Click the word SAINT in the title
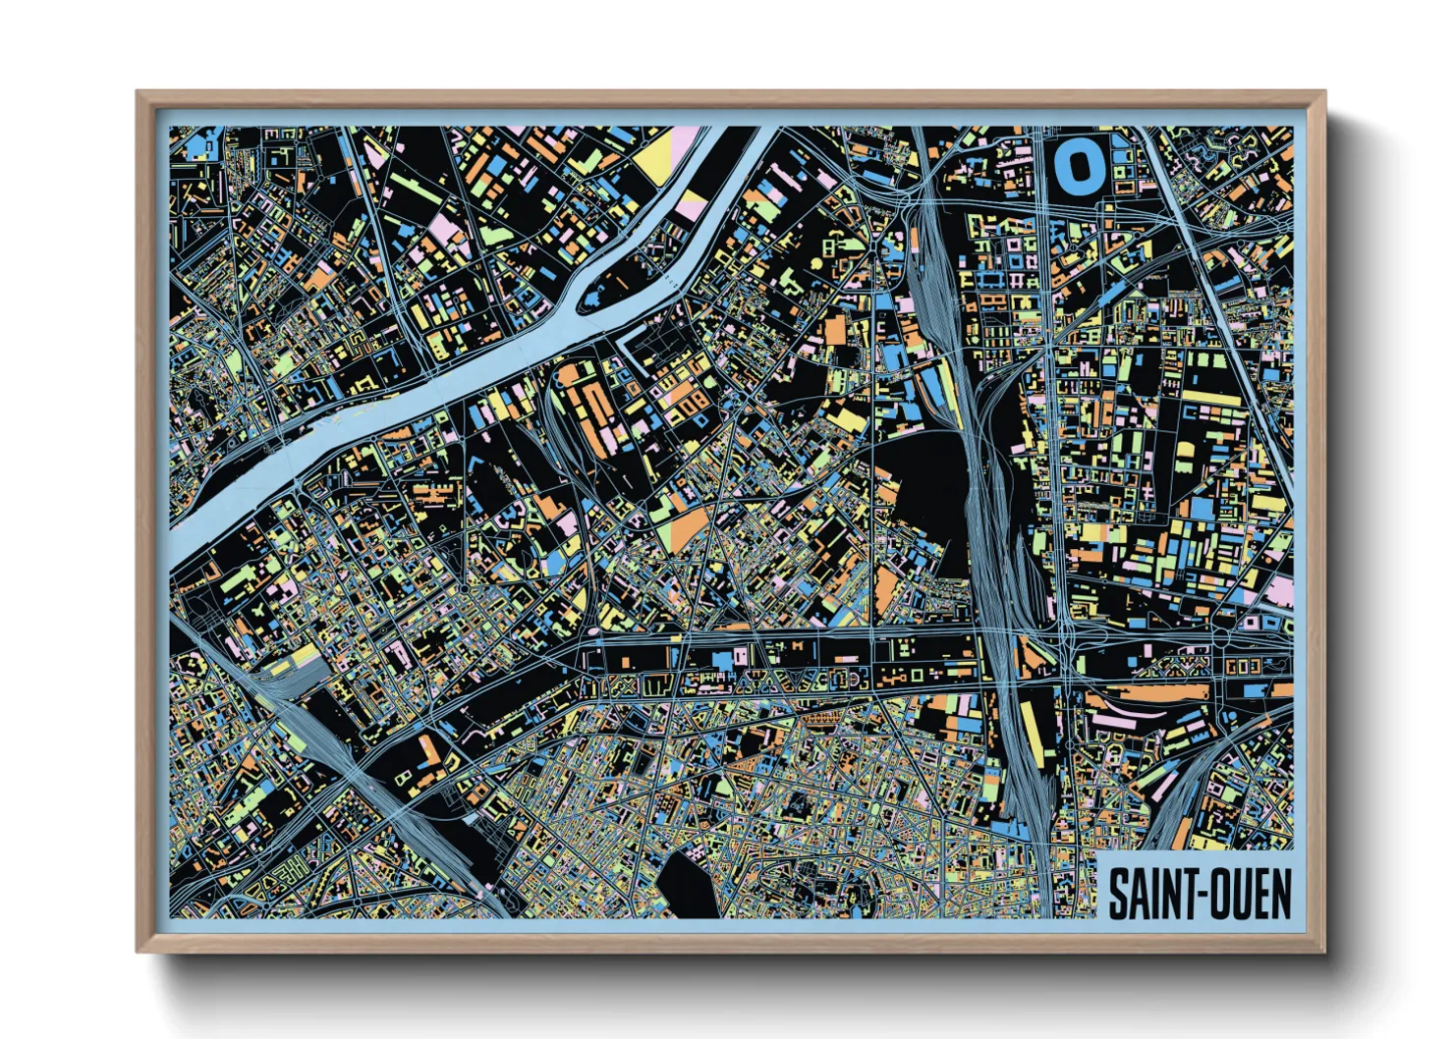1149,894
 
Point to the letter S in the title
1118,894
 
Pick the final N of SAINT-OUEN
1280,894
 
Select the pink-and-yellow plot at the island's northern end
693,204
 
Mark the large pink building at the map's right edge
1279,590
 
